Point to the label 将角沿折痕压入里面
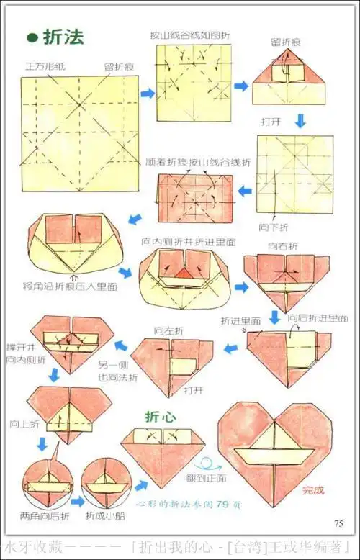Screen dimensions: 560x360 click(x=71, y=286)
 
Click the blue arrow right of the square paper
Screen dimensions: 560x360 click(x=148, y=93)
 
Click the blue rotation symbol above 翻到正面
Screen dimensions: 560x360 click(x=210, y=464)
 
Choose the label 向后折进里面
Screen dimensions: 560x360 click(x=318, y=317)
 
